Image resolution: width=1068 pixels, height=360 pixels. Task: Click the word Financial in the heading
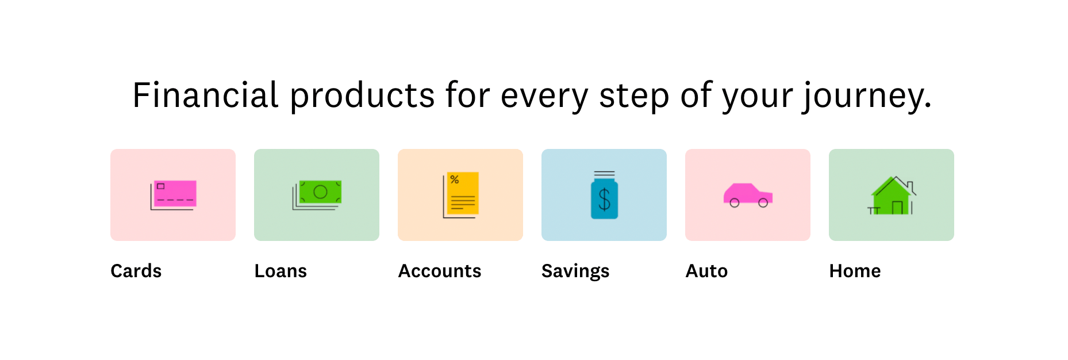[205, 95]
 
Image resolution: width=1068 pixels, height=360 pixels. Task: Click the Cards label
[136, 271]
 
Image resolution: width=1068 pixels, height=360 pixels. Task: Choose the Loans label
[281, 271]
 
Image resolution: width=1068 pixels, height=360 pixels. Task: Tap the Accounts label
[440, 271]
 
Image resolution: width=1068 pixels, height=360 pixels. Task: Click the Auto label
[706, 271]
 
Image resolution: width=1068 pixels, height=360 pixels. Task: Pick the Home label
[855, 271]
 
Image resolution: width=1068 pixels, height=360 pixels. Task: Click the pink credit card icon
[174, 195]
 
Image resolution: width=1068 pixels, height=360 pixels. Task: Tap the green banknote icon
[317, 195]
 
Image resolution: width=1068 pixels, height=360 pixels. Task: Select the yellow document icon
[461, 195]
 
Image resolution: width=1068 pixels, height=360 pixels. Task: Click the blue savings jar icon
[605, 195]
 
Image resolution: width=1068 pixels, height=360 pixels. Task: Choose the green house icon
[892, 196]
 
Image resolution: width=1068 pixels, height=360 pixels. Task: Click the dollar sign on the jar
[605, 200]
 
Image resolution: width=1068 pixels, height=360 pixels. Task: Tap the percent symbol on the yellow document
[455, 180]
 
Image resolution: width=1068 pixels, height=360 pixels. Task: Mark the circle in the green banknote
[321, 192]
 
